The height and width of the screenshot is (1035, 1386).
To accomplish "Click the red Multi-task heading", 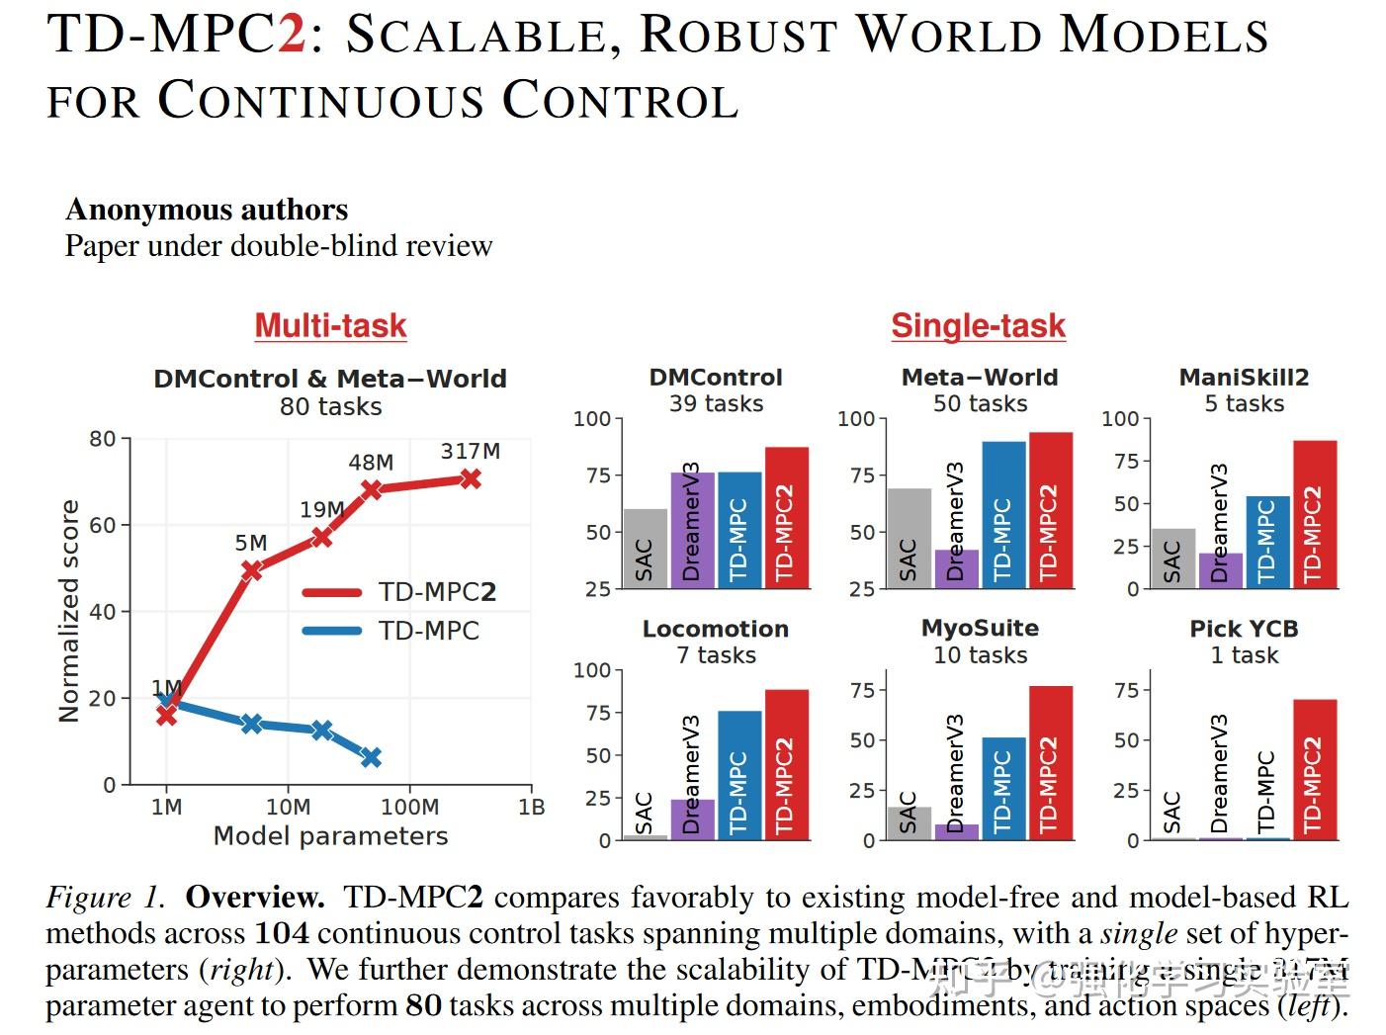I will pos(330,325).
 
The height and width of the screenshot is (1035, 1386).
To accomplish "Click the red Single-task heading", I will pos(978,325).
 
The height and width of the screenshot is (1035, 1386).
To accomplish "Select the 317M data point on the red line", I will pos(470,478).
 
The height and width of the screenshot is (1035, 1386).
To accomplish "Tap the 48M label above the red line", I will pos(371,463).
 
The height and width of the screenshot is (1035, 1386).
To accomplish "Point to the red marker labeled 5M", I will pos(251,569).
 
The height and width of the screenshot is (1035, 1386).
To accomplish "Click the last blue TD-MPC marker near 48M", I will pos(371,757).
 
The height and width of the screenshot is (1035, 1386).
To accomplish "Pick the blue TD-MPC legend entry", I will pos(390,631).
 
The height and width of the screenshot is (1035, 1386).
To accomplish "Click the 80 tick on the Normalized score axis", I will pos(102,439).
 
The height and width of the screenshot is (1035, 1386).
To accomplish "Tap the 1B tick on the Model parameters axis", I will pos(532,808).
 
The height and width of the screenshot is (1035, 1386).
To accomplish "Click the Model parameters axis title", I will pos(330,836).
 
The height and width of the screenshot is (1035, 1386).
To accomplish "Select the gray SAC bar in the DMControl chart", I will pos(645,550).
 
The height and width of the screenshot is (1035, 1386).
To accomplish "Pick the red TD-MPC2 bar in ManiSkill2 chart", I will pos(1314,514).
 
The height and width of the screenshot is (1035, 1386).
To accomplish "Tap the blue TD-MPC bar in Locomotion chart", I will pos(739,775).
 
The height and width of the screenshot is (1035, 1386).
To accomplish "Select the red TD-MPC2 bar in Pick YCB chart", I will pos(1314,770).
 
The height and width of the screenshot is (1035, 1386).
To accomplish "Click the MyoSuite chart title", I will pos(980,629).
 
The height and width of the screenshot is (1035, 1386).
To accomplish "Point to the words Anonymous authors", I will pos(207,210).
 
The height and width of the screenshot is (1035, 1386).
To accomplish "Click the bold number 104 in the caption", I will pos(282,933).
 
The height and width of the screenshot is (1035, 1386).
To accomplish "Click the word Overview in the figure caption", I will pos(254,898).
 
